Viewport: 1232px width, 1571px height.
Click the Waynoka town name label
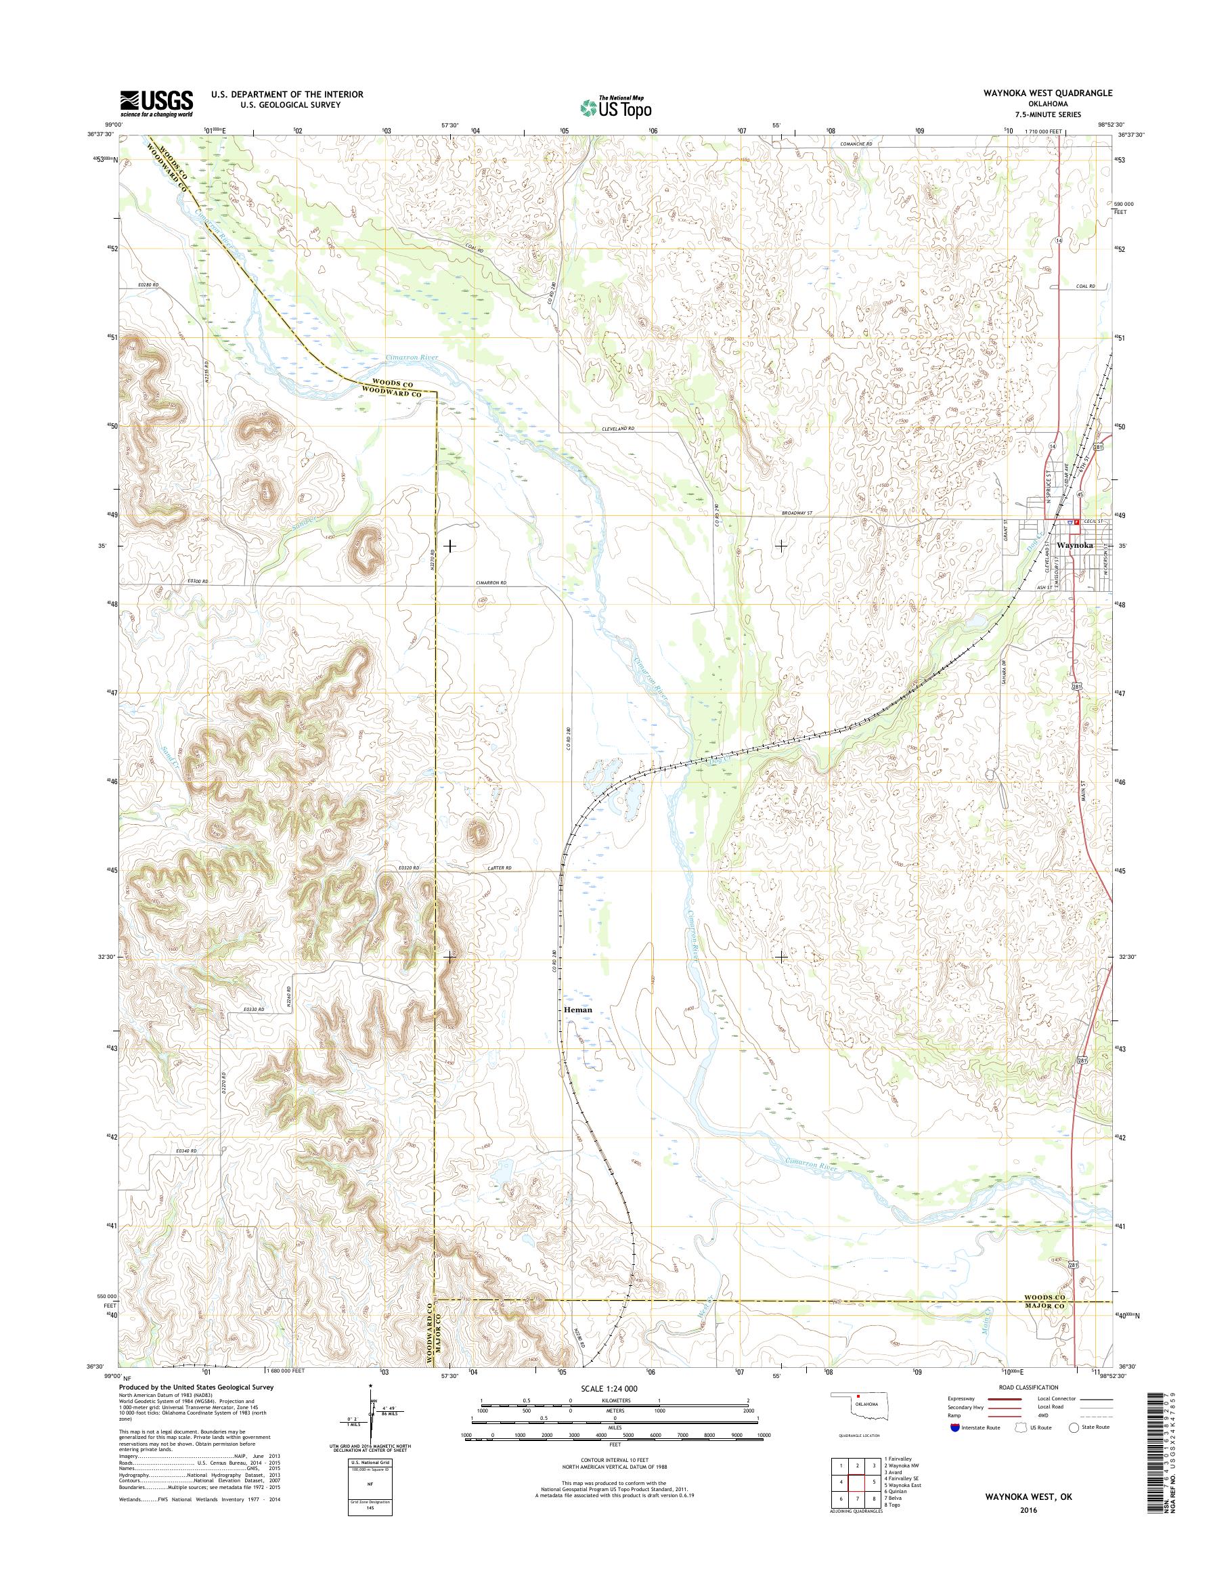point(1074,546)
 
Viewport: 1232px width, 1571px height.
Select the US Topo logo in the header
point(615,107)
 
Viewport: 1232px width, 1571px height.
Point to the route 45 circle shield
point(1080,495)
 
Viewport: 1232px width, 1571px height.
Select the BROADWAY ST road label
point(797,513)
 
